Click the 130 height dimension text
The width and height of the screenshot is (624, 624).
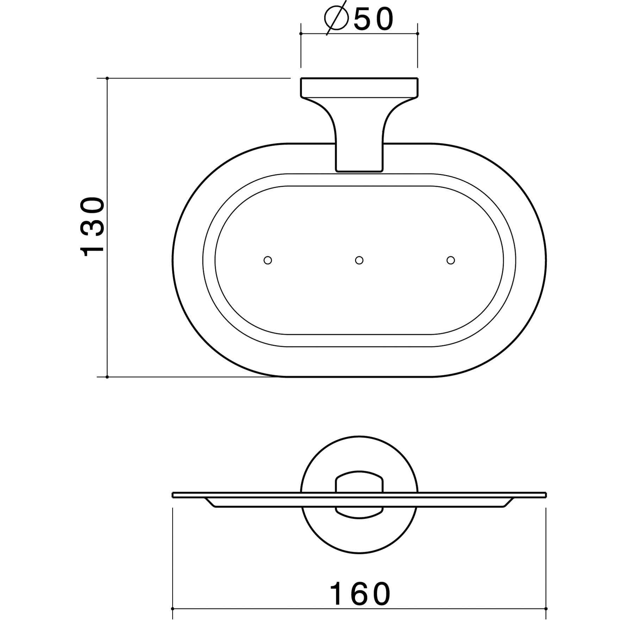coord(93,227)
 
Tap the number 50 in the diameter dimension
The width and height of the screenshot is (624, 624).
coord(373,20)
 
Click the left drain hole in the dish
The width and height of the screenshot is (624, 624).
coord(268,260)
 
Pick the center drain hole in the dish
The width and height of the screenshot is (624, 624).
coord(359,260)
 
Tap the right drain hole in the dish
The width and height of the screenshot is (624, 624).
coord(451,260)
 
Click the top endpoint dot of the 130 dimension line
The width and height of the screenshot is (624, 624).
coord(107,78)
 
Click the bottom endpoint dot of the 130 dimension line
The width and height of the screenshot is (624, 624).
coord(107,377)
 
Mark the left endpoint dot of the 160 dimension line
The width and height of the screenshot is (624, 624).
coord(173,609)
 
